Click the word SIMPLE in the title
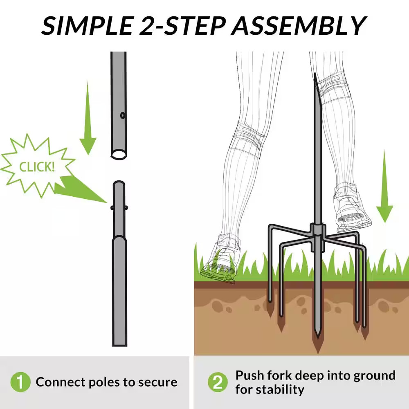[87, 25]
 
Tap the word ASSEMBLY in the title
[299, 25]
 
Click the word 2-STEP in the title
[182, 25]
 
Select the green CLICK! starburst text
[37, 167]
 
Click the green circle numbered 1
[20, 382]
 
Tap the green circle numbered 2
[218, 382]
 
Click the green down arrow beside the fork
[384, 186]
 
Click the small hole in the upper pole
[122, 115]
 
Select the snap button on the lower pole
[119, 208]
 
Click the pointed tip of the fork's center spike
[317, 337]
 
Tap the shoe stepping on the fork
[353, 209]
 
